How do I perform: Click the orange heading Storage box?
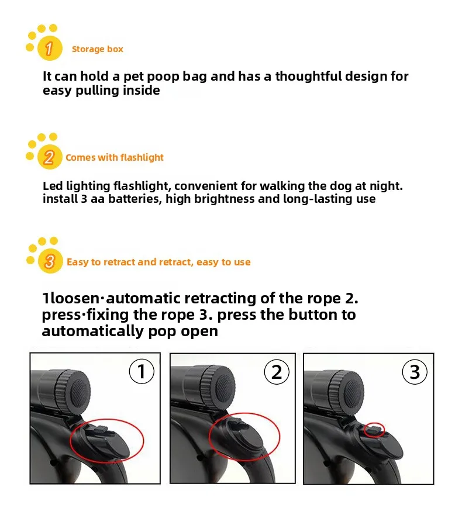97,49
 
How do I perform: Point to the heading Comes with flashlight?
115,157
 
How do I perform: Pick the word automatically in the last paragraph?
92,331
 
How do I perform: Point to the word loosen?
74,298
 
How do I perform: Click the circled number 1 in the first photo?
142,371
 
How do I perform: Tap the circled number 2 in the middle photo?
277,372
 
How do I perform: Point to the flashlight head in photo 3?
339,392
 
